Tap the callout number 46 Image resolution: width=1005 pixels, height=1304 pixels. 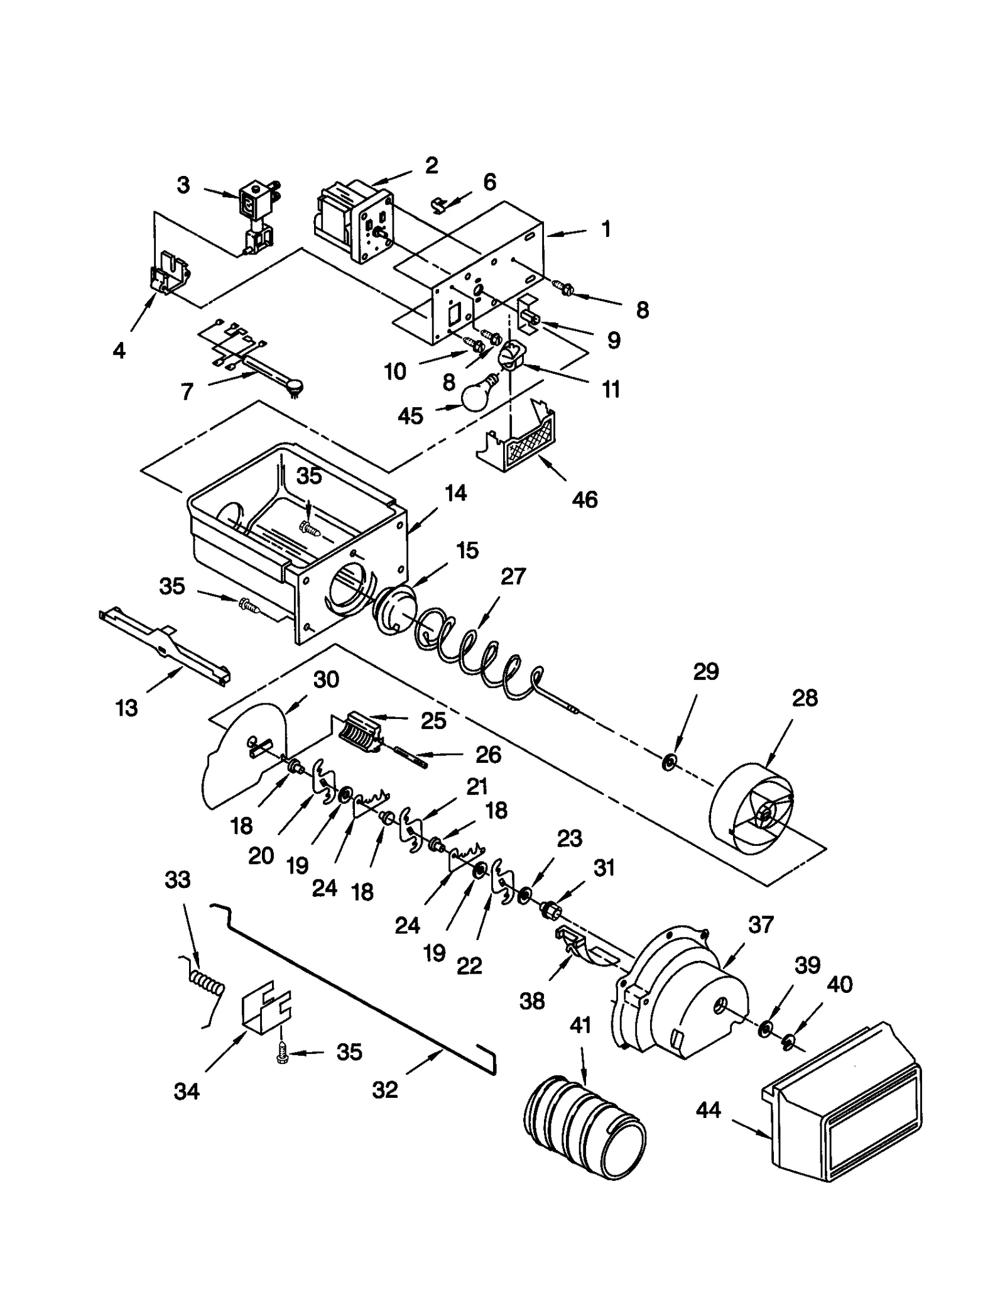(x=584, y=500)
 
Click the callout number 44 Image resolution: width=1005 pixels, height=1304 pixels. (x=709, y=1110)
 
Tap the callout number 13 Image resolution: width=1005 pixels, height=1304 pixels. (x=127, y=708)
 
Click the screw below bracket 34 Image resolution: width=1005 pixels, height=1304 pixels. (x=283, y=1057)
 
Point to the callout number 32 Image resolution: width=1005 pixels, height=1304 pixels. (x=385, y=1090)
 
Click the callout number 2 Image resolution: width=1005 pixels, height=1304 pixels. (x=431, y=165)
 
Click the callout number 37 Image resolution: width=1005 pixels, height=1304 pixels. (x=761, y=924)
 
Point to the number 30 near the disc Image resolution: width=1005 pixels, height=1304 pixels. (x=326, y=679)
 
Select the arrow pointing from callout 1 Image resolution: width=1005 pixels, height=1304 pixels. (x=566, y=234)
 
